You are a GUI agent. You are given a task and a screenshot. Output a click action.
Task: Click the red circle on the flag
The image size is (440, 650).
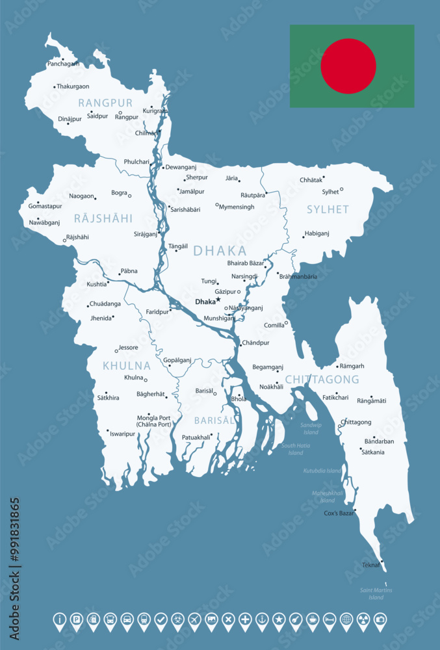click(348, 66)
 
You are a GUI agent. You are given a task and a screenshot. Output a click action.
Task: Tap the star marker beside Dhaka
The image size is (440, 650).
click(218, 300)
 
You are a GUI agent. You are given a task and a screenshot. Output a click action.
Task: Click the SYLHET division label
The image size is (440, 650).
click(328, 209)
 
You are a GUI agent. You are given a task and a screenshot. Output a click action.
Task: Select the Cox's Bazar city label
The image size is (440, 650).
click(339, 513)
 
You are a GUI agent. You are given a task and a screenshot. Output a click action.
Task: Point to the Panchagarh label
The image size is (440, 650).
click(64, 64)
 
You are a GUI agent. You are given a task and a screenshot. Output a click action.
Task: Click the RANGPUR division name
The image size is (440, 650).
click(105, 103)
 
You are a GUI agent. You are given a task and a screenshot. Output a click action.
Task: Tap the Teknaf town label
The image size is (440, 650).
click(371, 565)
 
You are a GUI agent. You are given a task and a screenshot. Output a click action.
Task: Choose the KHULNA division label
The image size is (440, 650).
click(126, 366)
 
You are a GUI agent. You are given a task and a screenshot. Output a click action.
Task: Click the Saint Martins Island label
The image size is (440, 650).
click(376, 593)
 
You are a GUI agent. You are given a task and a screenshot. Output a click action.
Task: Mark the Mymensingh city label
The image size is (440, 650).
click(237, 207)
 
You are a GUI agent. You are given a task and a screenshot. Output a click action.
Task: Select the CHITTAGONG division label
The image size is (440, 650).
click(322, 379)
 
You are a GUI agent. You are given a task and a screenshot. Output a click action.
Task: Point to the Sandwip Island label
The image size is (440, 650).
click(311, 428)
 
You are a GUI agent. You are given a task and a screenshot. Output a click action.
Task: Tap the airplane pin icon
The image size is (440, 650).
click(194, 619)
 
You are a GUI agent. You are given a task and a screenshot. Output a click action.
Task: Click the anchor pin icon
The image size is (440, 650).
click(262, 619)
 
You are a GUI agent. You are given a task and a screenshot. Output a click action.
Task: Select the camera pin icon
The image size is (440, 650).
click(380, 619)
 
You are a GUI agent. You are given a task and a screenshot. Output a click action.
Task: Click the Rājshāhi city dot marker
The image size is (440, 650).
click(64, 240)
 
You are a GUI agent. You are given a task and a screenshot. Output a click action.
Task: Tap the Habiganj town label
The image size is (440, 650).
click(317, 233)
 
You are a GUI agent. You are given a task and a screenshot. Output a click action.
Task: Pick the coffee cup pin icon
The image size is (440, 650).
click(313, 619)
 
